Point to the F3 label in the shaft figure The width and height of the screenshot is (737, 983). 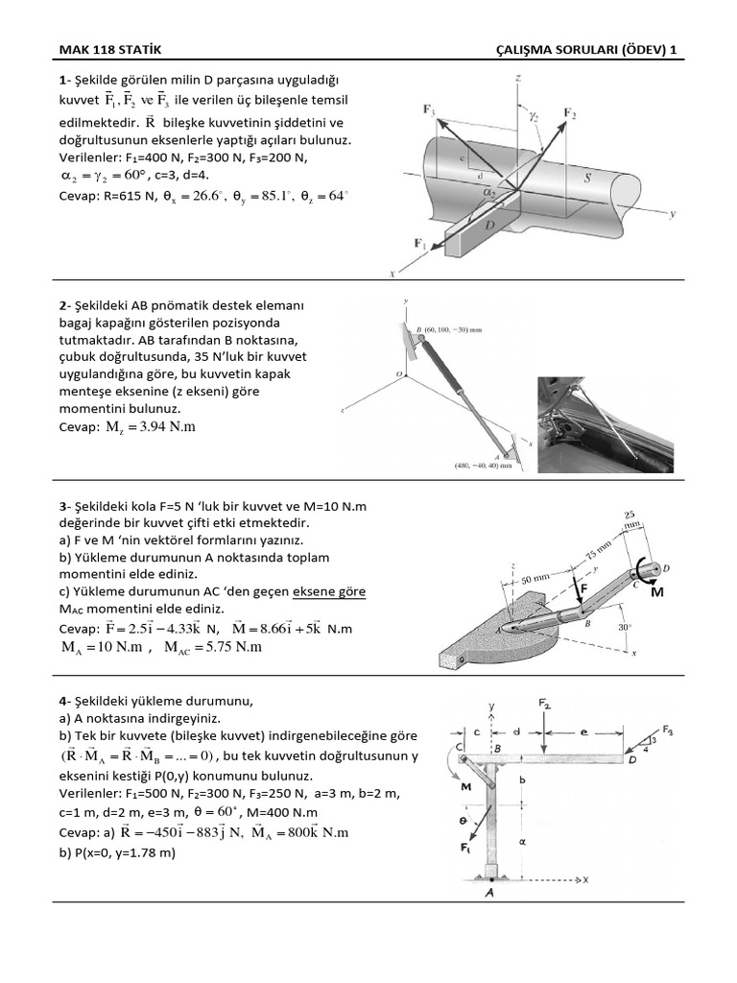tap(430, 110)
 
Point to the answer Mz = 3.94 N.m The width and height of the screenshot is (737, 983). tap(149, 427)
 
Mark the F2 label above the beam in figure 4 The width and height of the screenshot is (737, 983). tap(545, 704)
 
